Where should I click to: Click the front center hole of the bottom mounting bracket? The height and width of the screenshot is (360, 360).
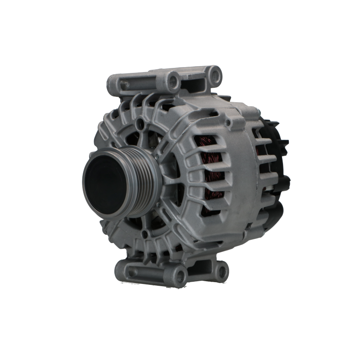point(181,273)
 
